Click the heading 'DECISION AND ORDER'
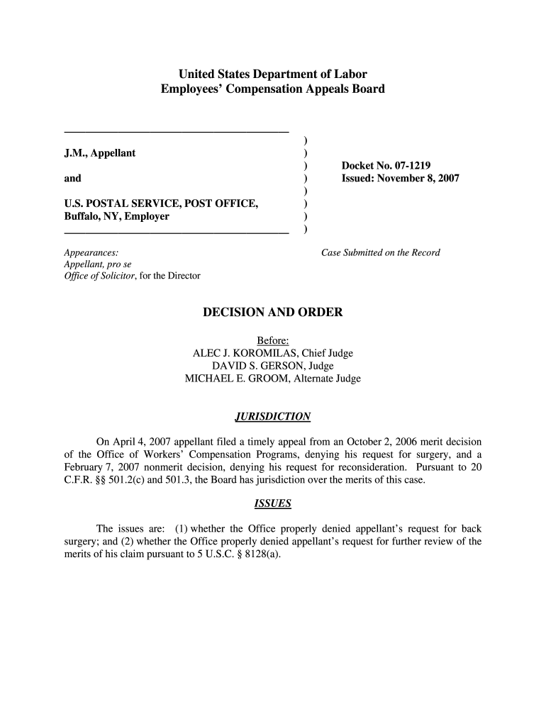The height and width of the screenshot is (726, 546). [273, 312]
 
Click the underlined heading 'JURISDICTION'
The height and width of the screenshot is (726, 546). [273, 416]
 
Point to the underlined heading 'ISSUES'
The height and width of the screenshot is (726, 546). [273, 504]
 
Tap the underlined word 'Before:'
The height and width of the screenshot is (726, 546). [273, 340]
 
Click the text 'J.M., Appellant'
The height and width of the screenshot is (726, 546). [100, 153]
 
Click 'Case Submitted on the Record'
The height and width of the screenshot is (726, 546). [381, 252]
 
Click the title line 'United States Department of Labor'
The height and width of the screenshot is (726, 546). [273, 74]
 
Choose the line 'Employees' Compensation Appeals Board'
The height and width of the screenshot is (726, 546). [273, 89]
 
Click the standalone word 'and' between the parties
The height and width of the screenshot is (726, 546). [72, 179]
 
